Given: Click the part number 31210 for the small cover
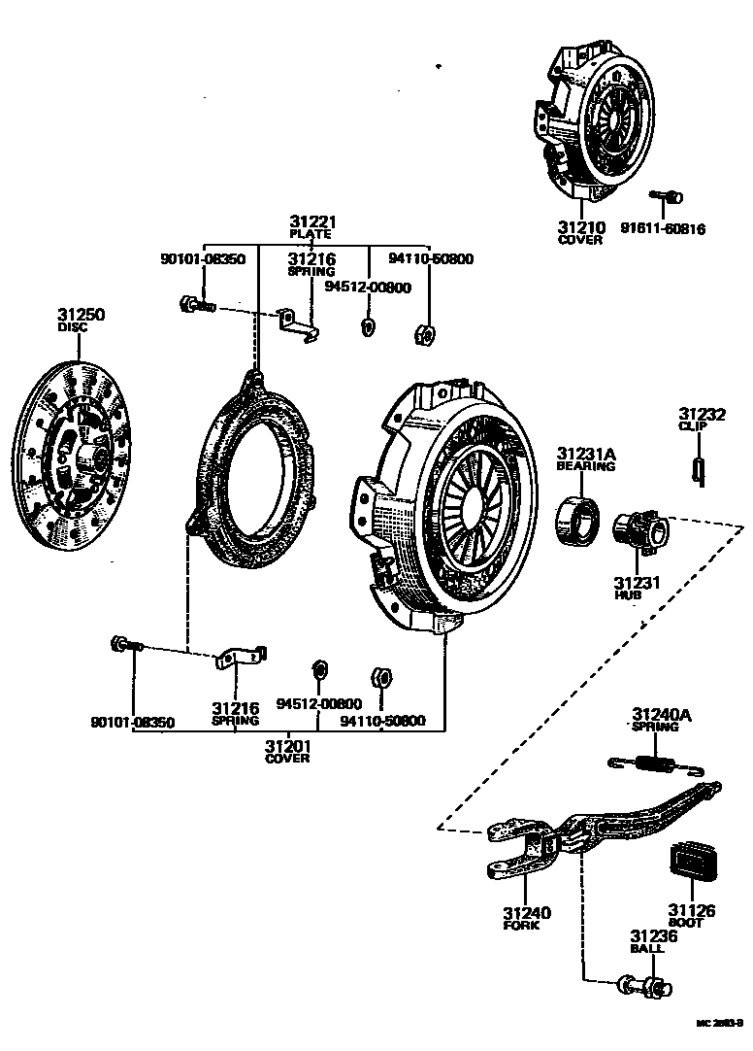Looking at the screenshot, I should tap(580, 227).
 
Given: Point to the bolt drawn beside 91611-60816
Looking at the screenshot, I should tap(665, 197).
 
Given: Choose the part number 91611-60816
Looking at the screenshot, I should tap(663, 230).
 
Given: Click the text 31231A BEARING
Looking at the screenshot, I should tap(585, 458).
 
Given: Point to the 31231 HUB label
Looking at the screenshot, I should tap(636, 588).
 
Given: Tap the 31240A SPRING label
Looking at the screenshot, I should tap(662, 719).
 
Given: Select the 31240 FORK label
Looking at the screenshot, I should tap(527, 918).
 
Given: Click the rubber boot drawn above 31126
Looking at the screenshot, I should tap(691, 865).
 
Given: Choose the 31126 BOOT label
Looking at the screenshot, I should tap(690, 915).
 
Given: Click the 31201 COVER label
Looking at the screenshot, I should tap(287, 750).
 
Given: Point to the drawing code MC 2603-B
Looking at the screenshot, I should tap(719, 1024).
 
